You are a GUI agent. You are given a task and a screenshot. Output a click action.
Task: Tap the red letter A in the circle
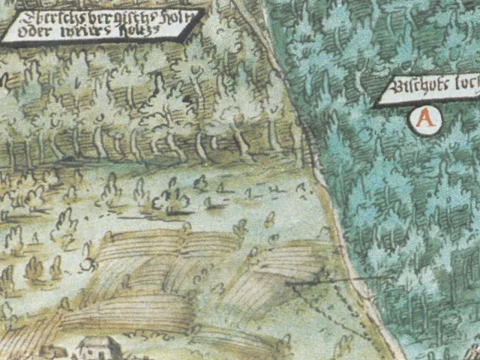[425, 118]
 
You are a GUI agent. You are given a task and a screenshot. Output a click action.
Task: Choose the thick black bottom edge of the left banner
[90, 42]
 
